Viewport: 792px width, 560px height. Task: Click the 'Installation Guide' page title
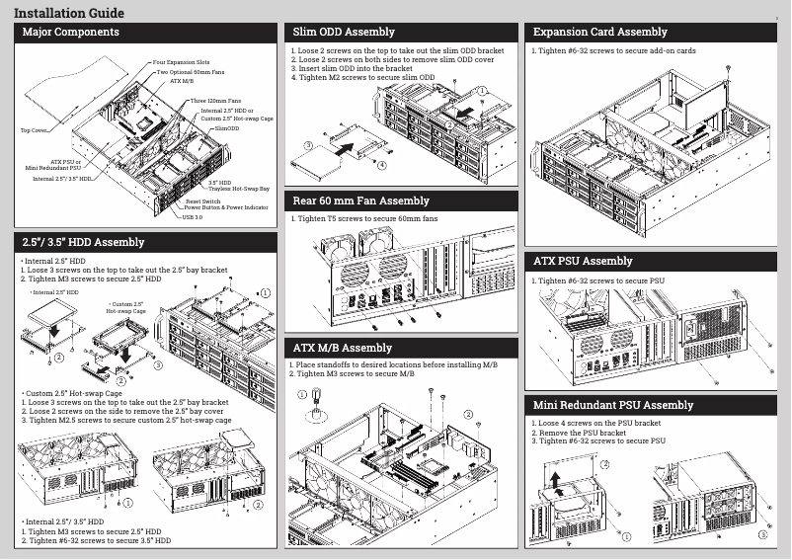69,13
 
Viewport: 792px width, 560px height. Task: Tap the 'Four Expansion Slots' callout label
181,62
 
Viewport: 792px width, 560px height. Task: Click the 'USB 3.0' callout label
193,216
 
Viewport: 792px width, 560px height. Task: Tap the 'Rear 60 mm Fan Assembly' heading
361,200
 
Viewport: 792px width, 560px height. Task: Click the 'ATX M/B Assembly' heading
343,348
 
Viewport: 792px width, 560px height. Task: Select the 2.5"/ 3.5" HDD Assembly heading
83,242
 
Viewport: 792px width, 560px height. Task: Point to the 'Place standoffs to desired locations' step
395,364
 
